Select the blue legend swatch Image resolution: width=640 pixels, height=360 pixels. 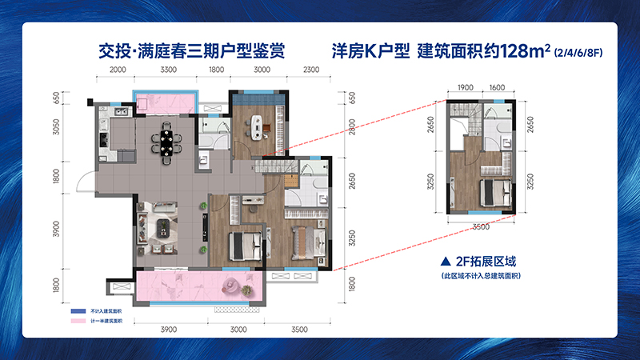coord(78,310)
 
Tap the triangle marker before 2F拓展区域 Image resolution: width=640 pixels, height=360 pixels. coord(445,261)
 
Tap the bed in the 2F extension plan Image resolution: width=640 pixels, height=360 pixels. coord(491,193)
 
